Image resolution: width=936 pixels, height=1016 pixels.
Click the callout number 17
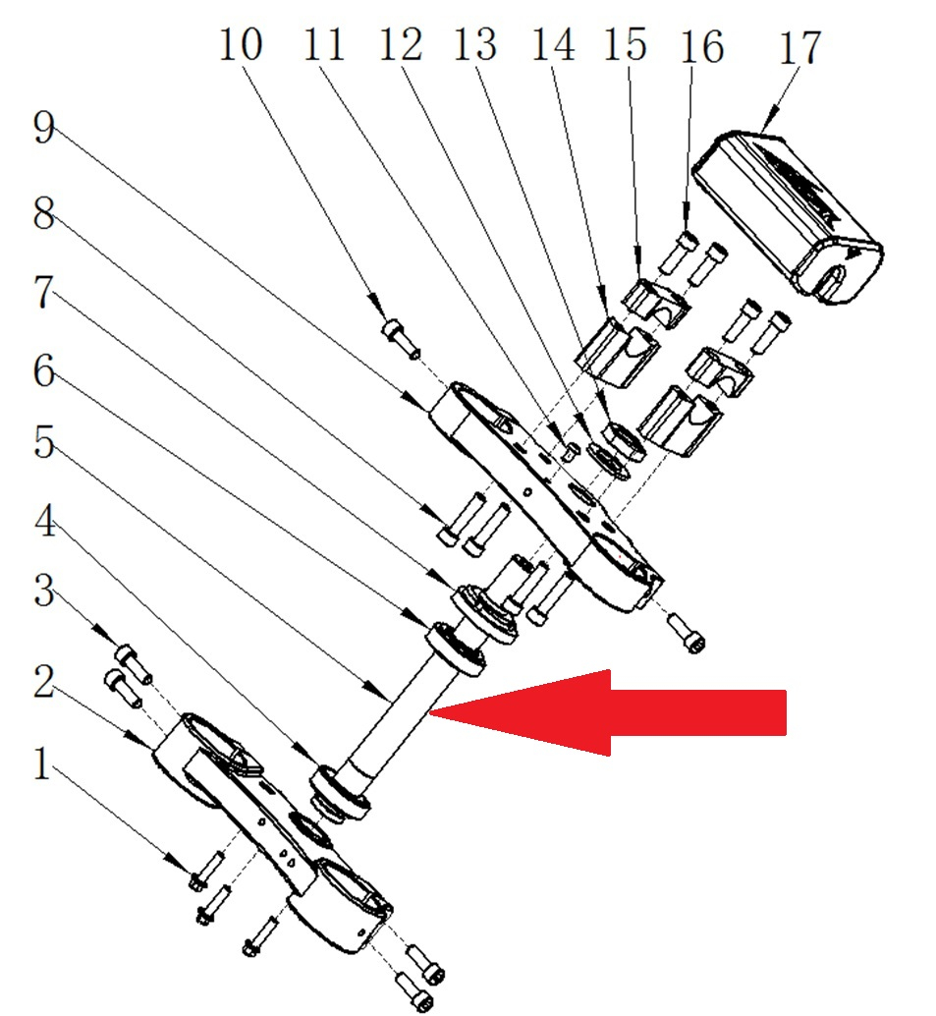click(x=798, y=46)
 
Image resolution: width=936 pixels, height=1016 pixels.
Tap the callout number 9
click(x=42, y=128)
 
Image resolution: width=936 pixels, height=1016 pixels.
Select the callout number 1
click(x=40, y=763)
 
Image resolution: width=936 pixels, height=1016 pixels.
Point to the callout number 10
click(x=240, y=46)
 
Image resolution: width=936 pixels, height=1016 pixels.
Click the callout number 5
click(x=42, y=443)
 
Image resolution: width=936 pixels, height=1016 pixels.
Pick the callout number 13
click(x=473, y=45)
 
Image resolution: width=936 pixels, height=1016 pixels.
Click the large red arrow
click(x=629, y=712)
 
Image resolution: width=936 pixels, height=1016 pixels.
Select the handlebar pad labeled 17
click(x=786, y=206)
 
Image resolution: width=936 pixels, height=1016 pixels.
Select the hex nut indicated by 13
click(x=622, y=439)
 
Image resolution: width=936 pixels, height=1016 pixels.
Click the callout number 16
click(x=703, y=46)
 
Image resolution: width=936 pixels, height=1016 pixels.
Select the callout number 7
click(x=42, y=294)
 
